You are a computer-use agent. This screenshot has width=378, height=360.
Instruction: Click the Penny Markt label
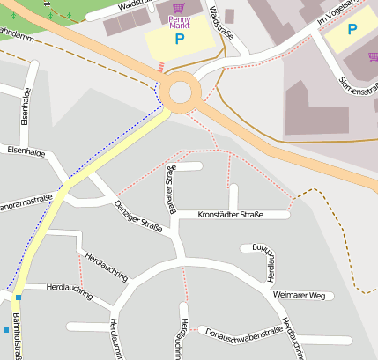(179, 21)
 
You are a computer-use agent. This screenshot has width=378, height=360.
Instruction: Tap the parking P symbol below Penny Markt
(180, 40)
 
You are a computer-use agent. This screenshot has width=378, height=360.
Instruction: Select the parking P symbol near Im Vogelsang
(352, 29)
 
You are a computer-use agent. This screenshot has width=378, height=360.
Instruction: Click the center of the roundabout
(182, 92)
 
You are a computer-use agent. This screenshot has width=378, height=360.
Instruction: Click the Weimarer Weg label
(299, 295)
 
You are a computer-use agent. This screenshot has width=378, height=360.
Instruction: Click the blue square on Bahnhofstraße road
(18, 298)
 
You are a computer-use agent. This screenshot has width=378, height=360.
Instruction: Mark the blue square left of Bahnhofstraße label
(5, 330)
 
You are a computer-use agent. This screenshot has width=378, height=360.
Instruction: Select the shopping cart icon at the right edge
(373, 56)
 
